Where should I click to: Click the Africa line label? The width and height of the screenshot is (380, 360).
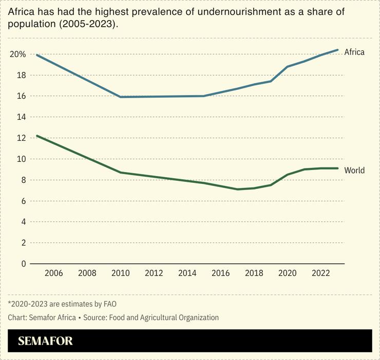pos(354,52)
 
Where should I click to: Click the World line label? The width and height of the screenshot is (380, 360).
pos(354,170)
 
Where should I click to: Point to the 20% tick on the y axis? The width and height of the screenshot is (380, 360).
pos(17,54)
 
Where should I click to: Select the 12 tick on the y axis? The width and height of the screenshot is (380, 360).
pos(21,138)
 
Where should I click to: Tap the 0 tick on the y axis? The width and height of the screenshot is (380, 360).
pos(23,264)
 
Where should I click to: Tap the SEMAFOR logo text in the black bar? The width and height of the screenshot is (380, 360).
pos(45,341)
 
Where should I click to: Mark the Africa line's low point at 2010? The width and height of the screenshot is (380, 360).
pos(121,97)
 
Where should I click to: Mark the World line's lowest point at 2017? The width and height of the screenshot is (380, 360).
pos(237,189)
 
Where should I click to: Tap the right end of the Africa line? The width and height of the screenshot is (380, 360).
pos(337,50)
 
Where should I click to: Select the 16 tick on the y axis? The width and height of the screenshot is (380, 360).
pos(21,96)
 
